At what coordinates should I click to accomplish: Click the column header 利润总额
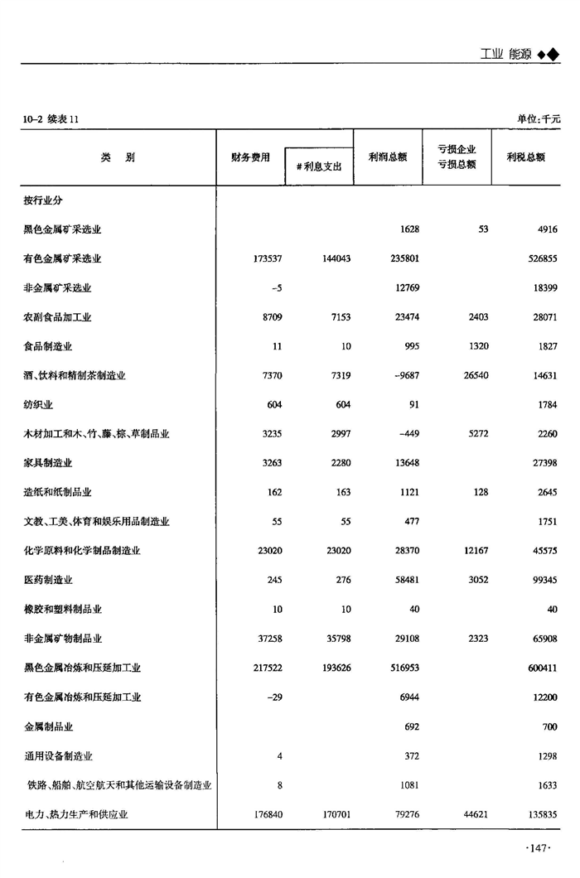click(388, 157)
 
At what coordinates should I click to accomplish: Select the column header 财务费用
click(250, 157)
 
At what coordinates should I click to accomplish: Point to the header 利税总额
click(526, 157)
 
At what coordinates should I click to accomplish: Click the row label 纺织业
click(38, 404)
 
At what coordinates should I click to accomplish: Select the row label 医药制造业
click(48, 580)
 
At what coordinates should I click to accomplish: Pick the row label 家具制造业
click(48, 463)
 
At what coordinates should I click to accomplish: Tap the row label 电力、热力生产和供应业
click(76, 814)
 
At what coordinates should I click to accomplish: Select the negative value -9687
click(404, 375)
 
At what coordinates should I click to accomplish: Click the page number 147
click(539, 847)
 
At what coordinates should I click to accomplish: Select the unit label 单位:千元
click(538, 119)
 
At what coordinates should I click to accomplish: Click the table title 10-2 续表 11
click(51, 119)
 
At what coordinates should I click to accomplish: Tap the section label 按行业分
click(43, 200)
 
